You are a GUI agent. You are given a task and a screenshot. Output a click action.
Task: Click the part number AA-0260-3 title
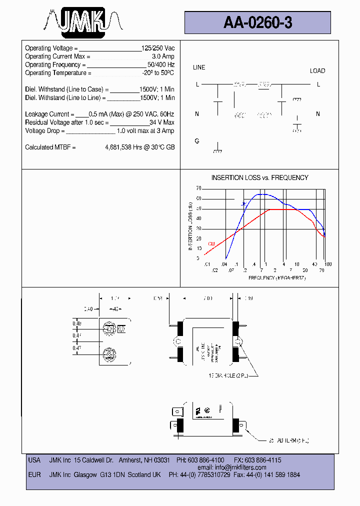257,22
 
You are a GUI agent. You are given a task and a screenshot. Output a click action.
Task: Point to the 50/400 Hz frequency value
160,65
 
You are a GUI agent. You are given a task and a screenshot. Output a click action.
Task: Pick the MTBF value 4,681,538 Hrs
124,147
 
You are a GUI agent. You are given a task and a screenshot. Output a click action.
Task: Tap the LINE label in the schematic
199,67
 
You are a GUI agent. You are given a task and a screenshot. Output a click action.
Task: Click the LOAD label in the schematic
317,71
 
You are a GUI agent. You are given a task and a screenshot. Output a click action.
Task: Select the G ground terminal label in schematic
197,141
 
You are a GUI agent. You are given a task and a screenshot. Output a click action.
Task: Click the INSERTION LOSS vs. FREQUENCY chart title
259,178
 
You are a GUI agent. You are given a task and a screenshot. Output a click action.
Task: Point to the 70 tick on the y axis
198,188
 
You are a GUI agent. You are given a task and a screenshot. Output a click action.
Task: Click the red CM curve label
211,244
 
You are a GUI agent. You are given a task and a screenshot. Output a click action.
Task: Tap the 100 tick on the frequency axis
328,264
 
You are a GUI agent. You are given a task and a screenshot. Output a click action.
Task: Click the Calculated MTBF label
50,147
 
